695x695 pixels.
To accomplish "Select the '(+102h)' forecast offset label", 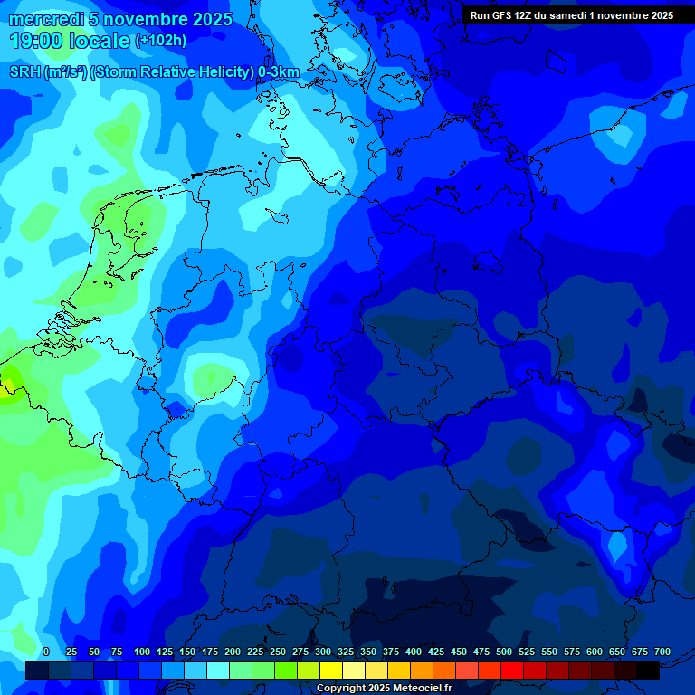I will [x=160, y=41].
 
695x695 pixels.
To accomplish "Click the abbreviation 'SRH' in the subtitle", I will [x=24, y=71].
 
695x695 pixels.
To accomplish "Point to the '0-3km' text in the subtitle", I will [x=278, y=71].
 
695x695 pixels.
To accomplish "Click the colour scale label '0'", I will [x=46, y=652].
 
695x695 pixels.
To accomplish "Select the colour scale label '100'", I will [x=142, y=652].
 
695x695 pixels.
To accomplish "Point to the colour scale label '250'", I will [x=278, y=652].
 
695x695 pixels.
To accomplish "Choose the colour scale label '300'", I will [x=323, y=652].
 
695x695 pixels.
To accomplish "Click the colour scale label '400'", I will [x=414, y=652].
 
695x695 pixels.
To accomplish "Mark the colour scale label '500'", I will [x=504, y=652].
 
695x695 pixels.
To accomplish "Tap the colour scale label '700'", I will [x=662, y=652].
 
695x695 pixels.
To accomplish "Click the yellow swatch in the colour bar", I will [x=331, y=671].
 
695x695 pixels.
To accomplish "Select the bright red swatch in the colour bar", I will [x=512, y=671].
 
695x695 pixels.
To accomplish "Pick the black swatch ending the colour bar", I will [x=648, y=671].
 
